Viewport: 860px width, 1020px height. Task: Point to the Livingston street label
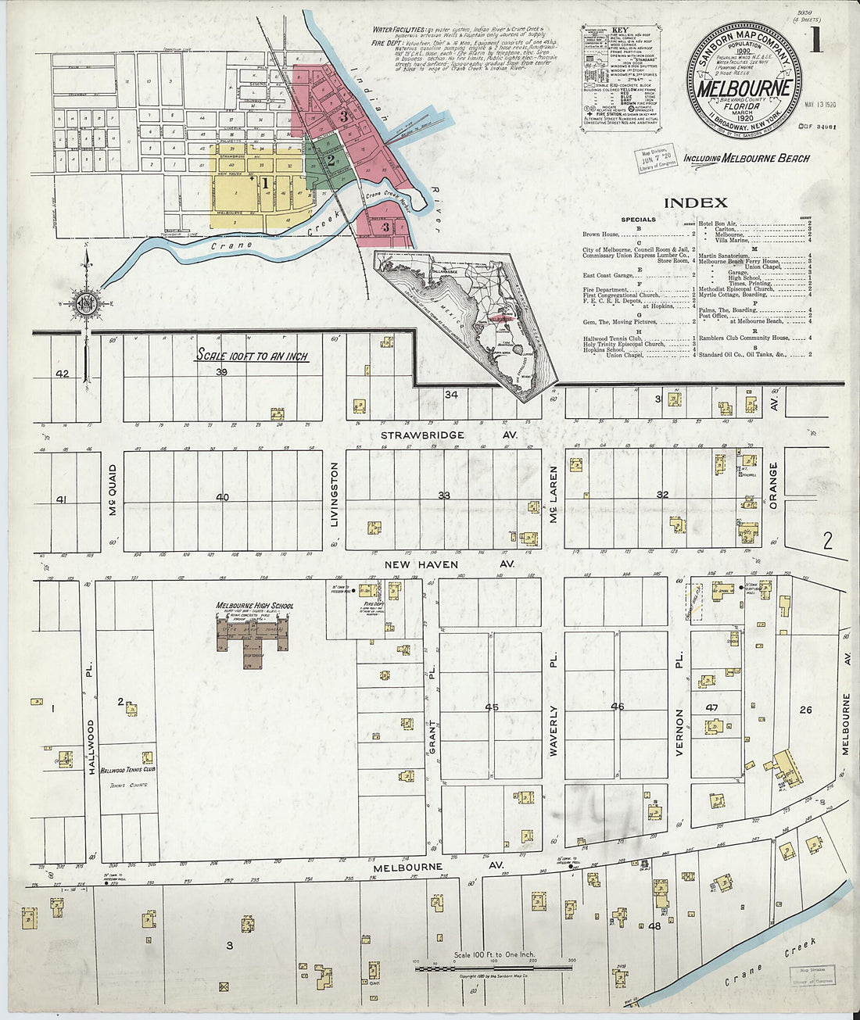pos(334,505)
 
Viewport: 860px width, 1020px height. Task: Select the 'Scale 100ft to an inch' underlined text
pos(251,356)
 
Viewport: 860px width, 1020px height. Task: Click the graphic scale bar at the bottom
pos(493,968)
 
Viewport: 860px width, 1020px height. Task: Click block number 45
pos(491,707)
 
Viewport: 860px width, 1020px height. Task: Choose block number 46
pos(617,707)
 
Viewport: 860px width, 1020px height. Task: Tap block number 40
pos(223,498)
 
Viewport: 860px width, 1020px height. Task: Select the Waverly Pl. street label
pos(554,731)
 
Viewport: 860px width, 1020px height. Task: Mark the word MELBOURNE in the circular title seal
pos(744,88)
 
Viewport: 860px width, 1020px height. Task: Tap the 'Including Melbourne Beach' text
pos(747,158)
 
